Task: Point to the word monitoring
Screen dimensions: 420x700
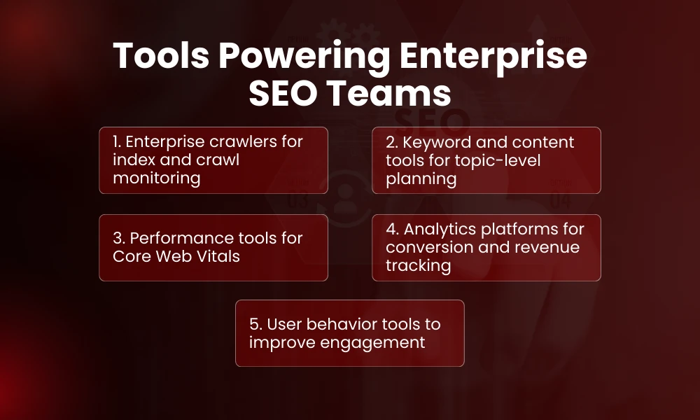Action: tap(156, 178)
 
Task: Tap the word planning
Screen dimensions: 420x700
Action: tap(421, 178)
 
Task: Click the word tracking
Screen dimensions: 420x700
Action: tap(418, 265)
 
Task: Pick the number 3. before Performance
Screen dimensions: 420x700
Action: tap(118, 238)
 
